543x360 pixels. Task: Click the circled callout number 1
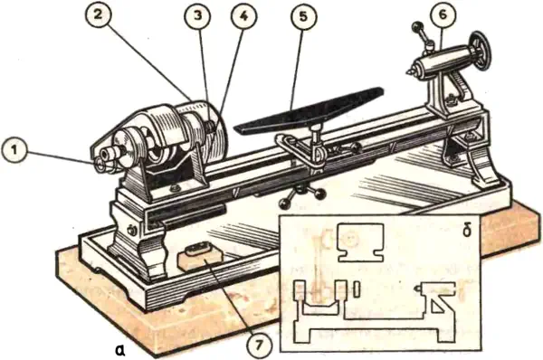(x=14, y=151)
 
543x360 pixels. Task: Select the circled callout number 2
(x=99, y=14)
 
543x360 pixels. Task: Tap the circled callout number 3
(x=197, y=15)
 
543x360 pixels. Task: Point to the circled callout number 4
(x=243, y=15)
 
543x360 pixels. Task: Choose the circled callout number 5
(x=303, y=15)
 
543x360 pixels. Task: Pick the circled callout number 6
(x=443, y=14)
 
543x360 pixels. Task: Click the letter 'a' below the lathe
(x=120, y=351)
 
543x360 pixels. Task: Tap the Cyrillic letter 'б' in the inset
(x=466, y=230)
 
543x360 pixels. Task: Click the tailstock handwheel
(x=481, y=52)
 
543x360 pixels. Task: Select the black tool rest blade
(x=310, y=111)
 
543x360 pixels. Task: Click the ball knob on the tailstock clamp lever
(x=416, y=26)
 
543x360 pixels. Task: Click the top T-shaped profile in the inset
(x=360, y=242)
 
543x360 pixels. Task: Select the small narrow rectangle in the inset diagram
(x=357, y=289)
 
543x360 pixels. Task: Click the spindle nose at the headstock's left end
(x=107, y=153)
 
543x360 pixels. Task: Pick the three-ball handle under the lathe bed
(x=302, y=196)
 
